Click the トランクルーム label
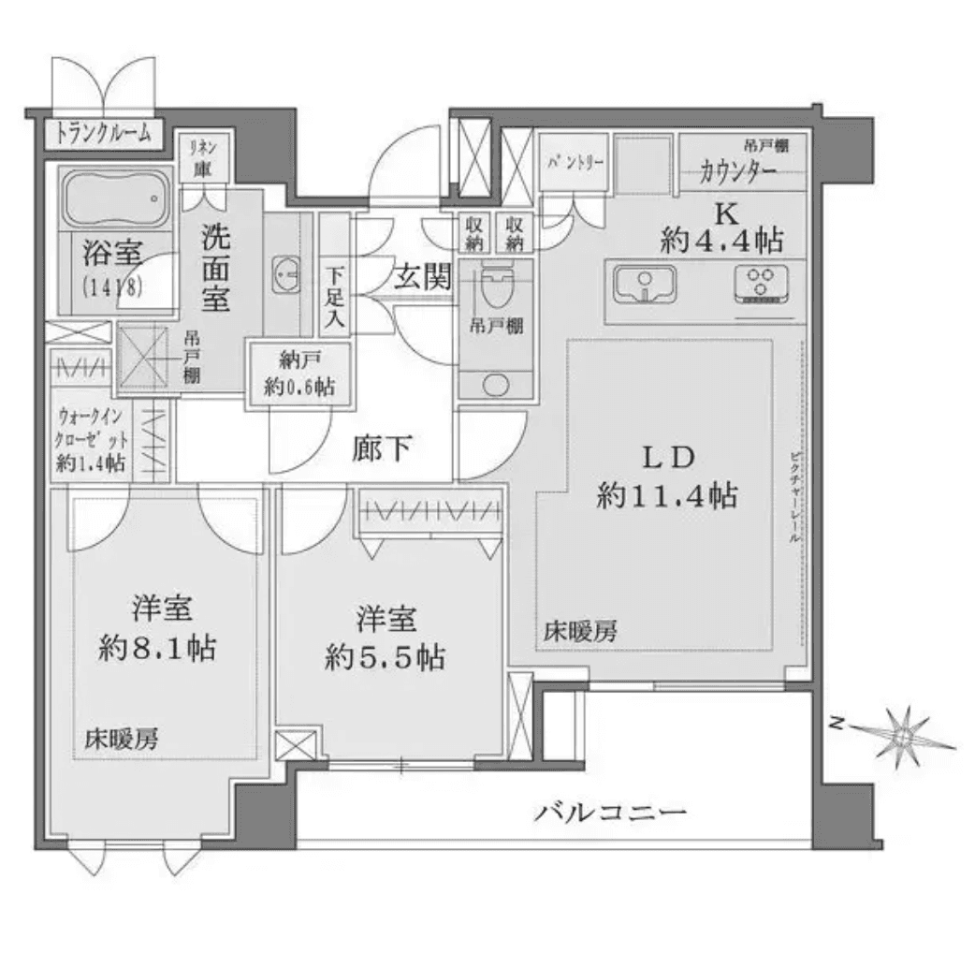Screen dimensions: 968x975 click(x=104, y=133)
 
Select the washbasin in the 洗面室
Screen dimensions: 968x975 click(x=284, y=274)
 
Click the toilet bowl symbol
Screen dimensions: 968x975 click(x=495, y=286)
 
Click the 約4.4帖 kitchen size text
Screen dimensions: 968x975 click(x=721, y=241)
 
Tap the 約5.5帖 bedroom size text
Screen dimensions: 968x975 click(x=385, y=658)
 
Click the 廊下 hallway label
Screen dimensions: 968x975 click(x=383, y=449)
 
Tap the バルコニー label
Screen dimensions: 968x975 click(x=612, y=811)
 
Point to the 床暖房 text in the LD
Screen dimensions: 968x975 click(x=580, y=632)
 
